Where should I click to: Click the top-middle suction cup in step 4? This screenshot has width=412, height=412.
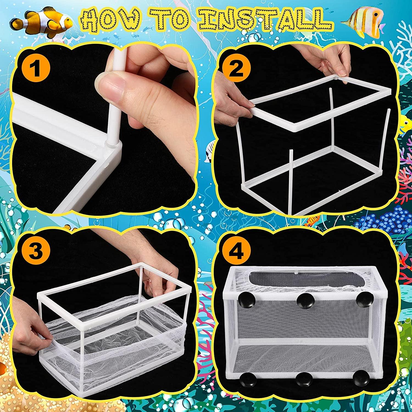coord(304,300)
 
